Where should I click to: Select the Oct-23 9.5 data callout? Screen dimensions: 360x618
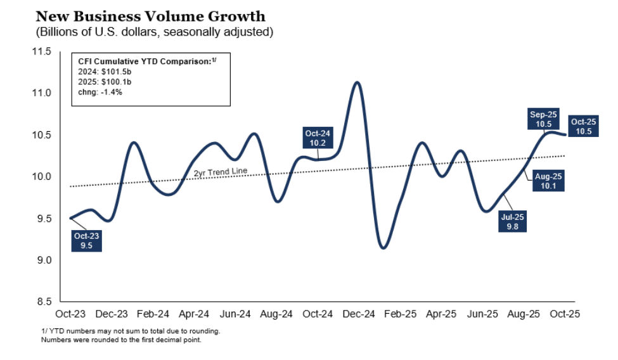pyautogui.click(x=86, y=240)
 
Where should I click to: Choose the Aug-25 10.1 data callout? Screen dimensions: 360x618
pyautogui.click(x=547, y=181)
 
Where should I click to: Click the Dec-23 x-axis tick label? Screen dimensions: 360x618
pyautogui.click(x=112, y=314)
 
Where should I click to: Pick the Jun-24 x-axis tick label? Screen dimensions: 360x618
pyautogui.click(x=235, y=314)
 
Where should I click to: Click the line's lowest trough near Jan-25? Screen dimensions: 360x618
pyautogui.click(x=383, y=248)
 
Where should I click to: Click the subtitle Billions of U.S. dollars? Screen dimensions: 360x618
pyautogui.click(x=156, y=30)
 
